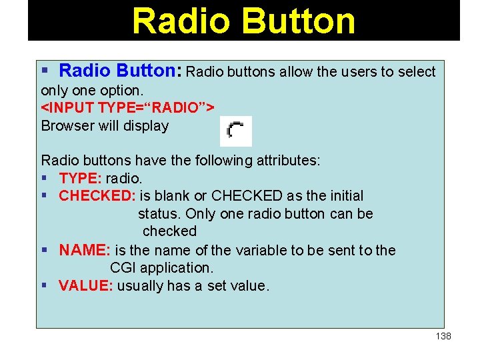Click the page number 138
[443, 336]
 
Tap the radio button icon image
[236, 131]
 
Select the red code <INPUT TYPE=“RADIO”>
[127, 107]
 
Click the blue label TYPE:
[77, 178]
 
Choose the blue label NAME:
[85, 251]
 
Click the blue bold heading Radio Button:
[121, 71]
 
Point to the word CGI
[124, 268]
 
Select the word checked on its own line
[170, 231]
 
